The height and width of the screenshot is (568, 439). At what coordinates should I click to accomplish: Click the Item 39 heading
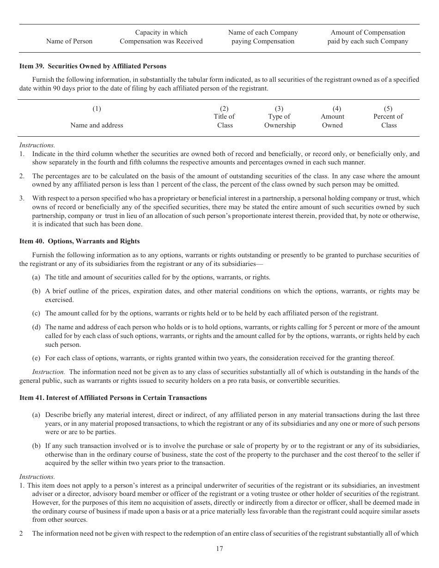pyautogui.click(x=92, y=66)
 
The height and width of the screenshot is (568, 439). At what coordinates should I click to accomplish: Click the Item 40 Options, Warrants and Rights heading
pyautogui.click(x=79, y=241)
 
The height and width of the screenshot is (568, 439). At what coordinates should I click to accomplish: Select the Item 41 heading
pyautogui.click(x=113, y=398)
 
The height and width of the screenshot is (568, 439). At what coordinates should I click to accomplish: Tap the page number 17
pyautogui.click(x=219, y=549)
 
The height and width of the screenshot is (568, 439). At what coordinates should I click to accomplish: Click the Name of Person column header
pyautogui.click(x=69, y=41)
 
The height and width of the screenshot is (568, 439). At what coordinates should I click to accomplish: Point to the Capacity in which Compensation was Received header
pyautogui.click(x=161, y=37)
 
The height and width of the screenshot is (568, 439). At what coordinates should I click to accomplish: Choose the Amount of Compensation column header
pyautogui.click(x=367, y=37)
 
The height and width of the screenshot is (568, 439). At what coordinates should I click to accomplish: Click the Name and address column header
pyautogui.click(x=97, y=125)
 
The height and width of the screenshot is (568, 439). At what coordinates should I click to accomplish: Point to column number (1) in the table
pyautogui.click(x=97, y=109)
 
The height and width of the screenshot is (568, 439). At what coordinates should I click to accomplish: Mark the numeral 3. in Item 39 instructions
pyautogui.click(x=22, y=198)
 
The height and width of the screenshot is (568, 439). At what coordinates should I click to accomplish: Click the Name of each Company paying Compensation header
pyautogui.click(x=263, y=37)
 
